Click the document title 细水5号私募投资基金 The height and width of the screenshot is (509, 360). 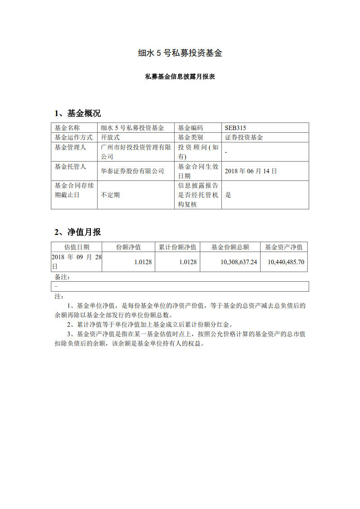pyautogui.click(x=180, y=53)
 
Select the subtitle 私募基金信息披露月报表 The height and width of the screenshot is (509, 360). pyautogui.click(x=180, y=77)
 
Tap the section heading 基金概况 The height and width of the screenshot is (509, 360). pyautogui.click(x=84, y=113)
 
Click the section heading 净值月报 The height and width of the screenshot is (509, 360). pyautogui.click(x=84, y=232)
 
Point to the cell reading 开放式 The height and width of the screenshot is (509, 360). pyautogui.click(x=110, y=137)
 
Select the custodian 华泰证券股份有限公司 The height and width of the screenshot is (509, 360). pyautogui.click(x=132, y=171)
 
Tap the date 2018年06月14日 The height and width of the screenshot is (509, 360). pyautogui.click(x=251, y=171)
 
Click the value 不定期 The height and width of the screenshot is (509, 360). pyautogui.click(x=110, y=195)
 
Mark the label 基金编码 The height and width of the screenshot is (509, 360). pyautogui.click(x=190, y=128)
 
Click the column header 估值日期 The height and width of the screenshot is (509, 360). pyautogui.click(x=76, y=247)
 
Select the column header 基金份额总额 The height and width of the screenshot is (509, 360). pyautogui.click(x=230, y=247)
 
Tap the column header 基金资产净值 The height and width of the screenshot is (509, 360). pyautogui.click(x=283, y=247)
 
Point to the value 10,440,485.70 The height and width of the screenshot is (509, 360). pyautogui.click(x=286, y=262)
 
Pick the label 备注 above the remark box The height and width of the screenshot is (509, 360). pyautogui.click(x=62, y=277)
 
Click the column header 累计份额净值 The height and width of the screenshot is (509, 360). pyautogui.click(x=178, y=247)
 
